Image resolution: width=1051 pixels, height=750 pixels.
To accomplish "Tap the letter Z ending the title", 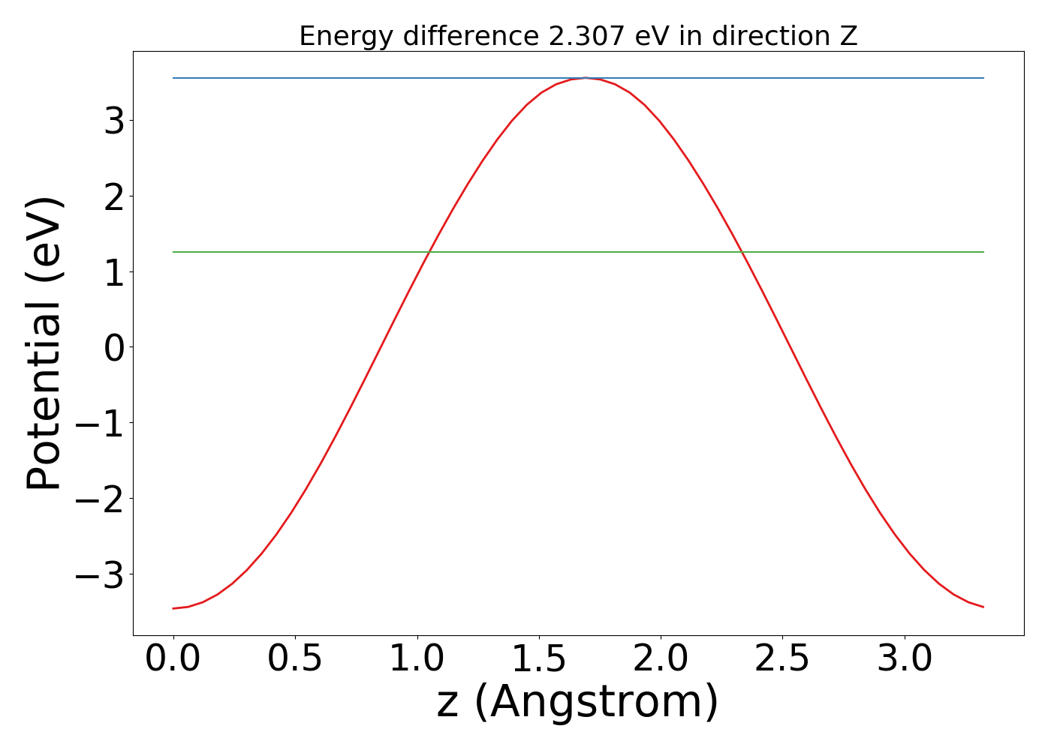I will [848, 36].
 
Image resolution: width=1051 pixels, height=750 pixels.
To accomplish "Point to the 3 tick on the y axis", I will [114, 120].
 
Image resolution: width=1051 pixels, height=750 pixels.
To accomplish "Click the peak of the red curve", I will [586, 78].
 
